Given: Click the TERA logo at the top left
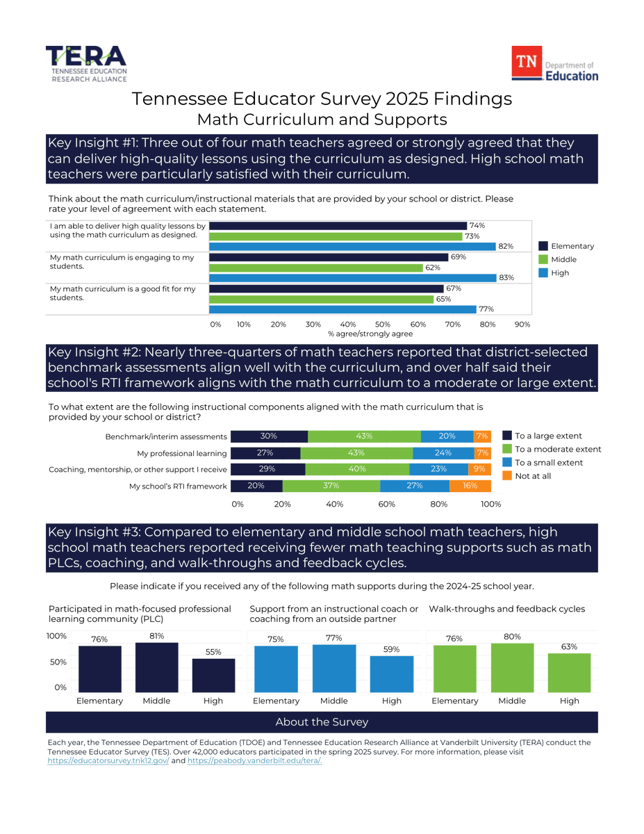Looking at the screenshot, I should coord(86,64).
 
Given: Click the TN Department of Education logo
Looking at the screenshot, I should coord(554,65).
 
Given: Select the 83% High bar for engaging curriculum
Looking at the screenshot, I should coord(353,278).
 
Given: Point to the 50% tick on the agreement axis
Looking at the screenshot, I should coord(383,325).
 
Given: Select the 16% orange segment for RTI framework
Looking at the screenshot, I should coord(470,486).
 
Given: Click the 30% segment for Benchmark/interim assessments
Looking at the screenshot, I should coord(269,436).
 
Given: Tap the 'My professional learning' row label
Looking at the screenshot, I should coord(182,453).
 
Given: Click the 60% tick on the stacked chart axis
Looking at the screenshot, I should coord(387,504).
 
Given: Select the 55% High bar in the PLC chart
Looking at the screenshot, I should coord(213,675).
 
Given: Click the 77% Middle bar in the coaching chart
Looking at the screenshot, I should coord(334,668).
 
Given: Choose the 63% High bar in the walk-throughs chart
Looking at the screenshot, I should coord(569,672).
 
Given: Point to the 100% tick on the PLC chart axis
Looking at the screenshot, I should coord(57,637).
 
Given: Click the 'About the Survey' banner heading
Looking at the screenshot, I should coord(322,722).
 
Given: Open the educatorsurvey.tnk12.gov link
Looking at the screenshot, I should coord(108,761).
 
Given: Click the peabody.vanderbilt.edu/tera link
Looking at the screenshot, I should coord(254,761).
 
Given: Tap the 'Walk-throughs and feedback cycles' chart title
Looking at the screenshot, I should coord(506,609).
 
